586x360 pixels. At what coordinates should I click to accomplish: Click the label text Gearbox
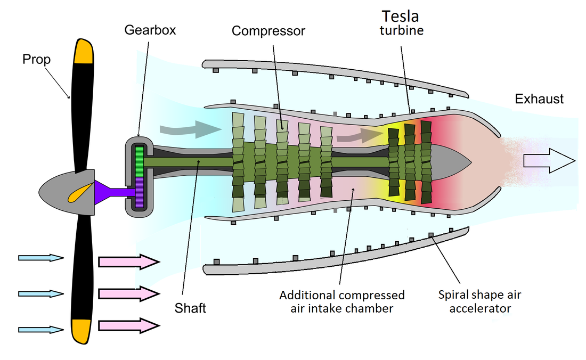pos(150,30)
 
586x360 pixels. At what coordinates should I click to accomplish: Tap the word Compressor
pos(268,31)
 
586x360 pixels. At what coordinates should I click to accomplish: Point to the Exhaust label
pos(539,99)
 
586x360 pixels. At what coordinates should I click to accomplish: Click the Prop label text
pos(36,59)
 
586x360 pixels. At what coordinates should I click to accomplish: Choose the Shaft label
pos(190,308)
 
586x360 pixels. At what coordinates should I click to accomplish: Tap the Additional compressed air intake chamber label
pos(342,301)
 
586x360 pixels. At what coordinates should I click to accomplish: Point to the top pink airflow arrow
pos(128,261)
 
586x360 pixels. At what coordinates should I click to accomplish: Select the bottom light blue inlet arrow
pos(40,330)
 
